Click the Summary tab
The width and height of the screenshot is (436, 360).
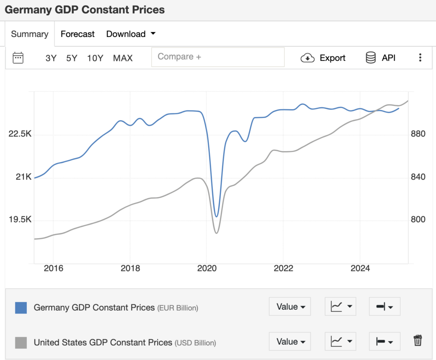29,34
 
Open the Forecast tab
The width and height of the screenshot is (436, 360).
77,34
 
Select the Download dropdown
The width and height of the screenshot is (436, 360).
131,34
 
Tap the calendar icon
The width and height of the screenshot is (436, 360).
18,58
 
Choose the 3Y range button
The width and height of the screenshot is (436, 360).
51,58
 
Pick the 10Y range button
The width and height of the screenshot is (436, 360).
95,58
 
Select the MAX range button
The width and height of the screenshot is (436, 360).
123,58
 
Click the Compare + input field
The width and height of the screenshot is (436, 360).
218,57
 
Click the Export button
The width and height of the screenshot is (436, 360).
323,58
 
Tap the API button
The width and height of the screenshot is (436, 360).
381,58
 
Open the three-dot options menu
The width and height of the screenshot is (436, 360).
420,58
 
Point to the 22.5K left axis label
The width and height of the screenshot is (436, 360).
20,134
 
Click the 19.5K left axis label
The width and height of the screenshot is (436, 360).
20,220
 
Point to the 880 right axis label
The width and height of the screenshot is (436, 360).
418,134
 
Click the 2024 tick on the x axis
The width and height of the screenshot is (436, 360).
360,268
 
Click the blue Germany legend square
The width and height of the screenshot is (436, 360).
21,307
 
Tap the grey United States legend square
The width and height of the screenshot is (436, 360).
21,342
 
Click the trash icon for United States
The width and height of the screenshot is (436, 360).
418,340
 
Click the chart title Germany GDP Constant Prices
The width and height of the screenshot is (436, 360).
85,9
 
